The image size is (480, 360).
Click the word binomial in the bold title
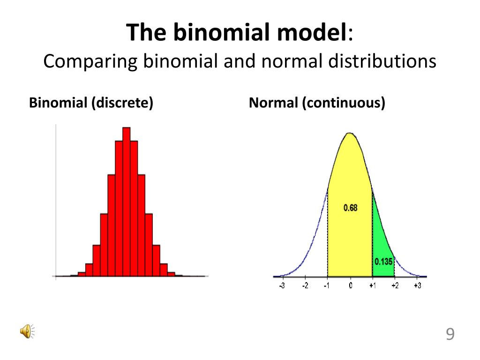[x=222, y=32]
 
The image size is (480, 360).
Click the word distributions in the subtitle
[x=382, y=61]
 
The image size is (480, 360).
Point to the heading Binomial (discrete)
[x=91, y=103]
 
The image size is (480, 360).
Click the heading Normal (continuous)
[x=317, y=103]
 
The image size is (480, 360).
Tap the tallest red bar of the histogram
[x=127, y=202]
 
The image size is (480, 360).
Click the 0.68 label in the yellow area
[x=350, y=208]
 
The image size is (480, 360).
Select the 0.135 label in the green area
[x=383, y=262]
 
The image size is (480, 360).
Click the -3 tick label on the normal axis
[x=282, y=285]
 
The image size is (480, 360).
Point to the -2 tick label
[x=305, y=285]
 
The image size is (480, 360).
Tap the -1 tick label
[x=327, y=285]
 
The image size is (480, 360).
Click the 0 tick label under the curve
[x=351, y=285]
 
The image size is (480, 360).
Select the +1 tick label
[x=372, y=285]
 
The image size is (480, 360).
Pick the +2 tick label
[x=395, y=285]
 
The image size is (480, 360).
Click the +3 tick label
[x=418, y=285]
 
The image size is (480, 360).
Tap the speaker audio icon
[x=27, y=331]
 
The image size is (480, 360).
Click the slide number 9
[x=450, y=334]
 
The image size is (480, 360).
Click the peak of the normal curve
[x=350, y=133]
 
